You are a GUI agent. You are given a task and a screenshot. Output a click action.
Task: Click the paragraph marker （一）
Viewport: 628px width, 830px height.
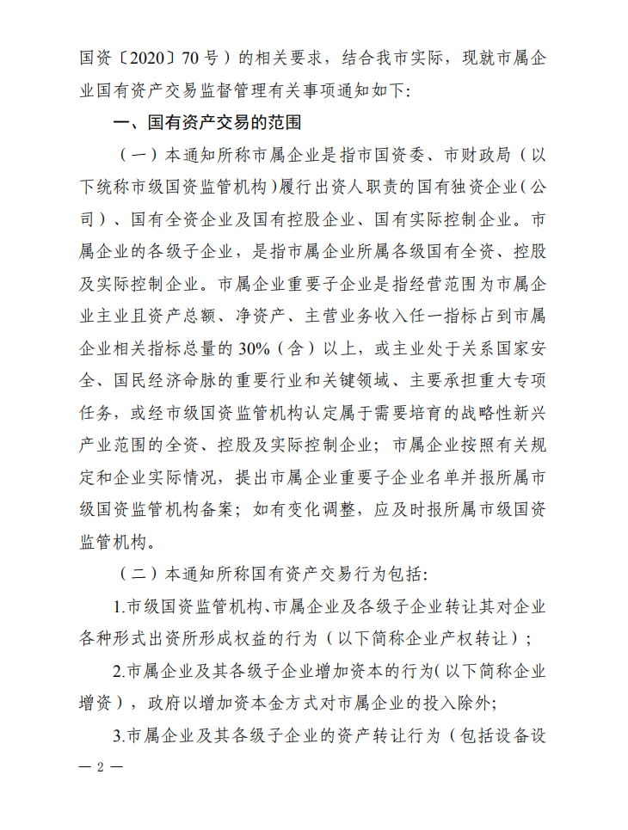(x=137, y=156)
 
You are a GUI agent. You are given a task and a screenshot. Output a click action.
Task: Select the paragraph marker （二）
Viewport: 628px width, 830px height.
(x=137, y=572)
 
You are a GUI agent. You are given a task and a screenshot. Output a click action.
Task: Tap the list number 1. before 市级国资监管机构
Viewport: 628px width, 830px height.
(x=119, y=605)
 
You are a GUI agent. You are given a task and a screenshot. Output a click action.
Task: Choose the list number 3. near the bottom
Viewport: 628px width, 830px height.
(x=119, y=735)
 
